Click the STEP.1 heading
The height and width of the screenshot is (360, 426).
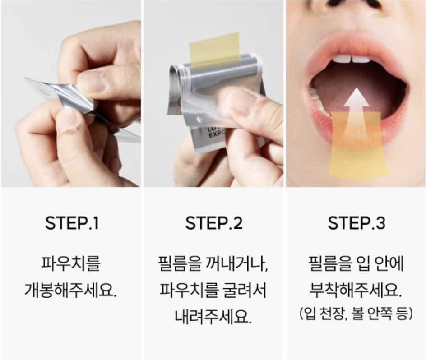(72, 223)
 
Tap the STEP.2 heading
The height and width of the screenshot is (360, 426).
(214, 223)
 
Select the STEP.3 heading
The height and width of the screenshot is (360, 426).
(356, 223)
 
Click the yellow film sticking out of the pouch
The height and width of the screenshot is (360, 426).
(214, 50)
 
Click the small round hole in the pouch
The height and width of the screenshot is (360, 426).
(200, 119)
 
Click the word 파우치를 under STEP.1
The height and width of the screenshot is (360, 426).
(71, 263)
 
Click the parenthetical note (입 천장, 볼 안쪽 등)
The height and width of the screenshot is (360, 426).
(356, 313)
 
